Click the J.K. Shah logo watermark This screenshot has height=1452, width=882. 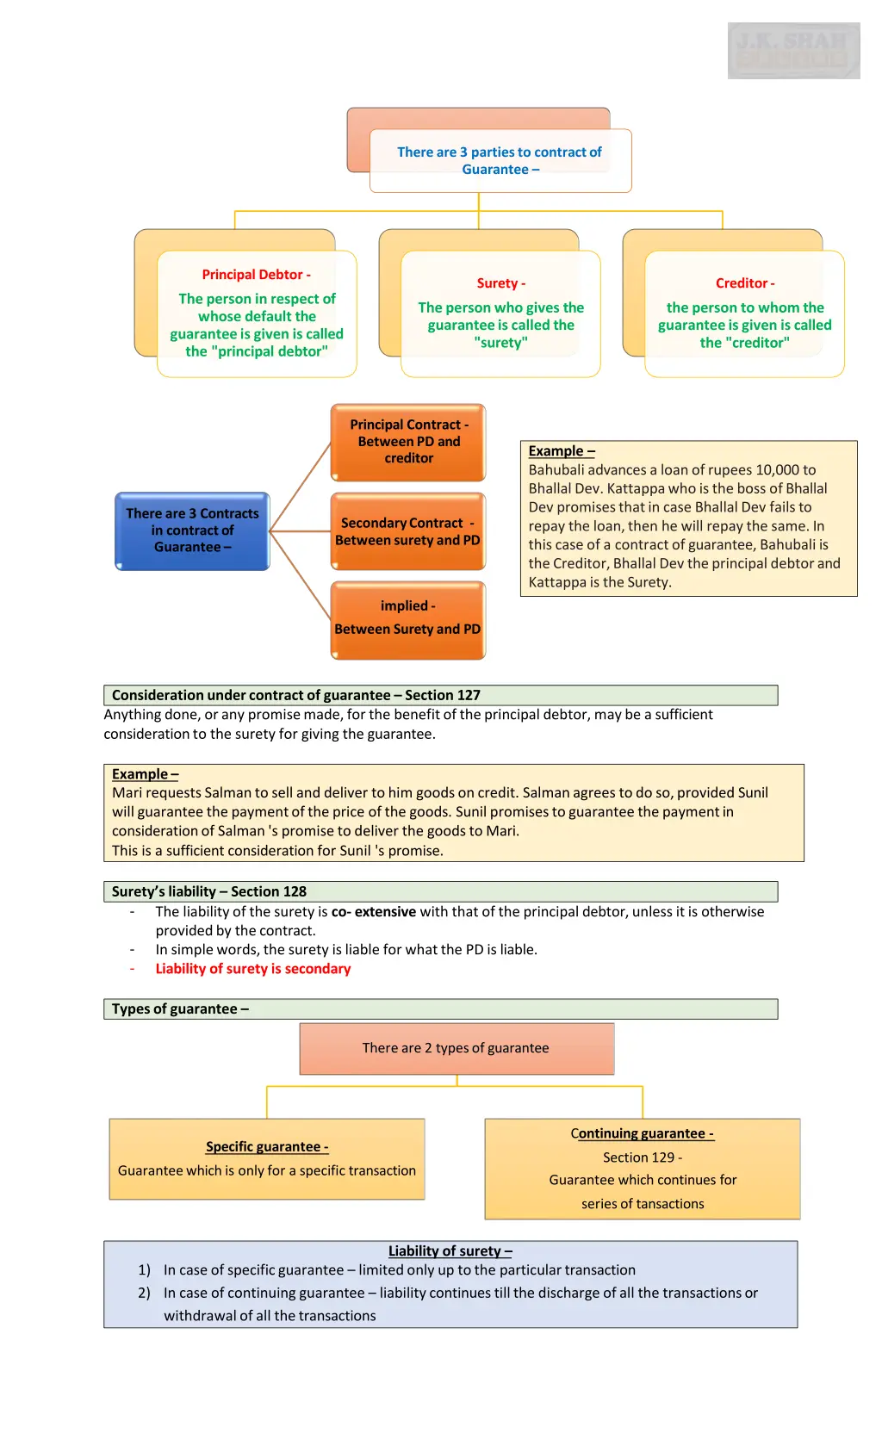click(793, 51)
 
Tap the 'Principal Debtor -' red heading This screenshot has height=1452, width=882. click(256, 275)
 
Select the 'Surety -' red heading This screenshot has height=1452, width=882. click(500, 283)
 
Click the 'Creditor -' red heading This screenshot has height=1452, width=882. click(744, 283)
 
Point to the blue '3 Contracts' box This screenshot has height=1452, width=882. click(192, 531)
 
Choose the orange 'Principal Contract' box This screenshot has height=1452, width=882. click(408, 442)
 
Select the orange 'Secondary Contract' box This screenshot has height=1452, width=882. click(407, 531)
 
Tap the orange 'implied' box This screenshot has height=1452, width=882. click(407, 619)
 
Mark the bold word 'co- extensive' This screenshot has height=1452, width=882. click(374, 912)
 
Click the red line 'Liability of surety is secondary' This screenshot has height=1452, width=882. click(253, 969)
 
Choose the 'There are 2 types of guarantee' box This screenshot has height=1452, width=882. click(456, 1048)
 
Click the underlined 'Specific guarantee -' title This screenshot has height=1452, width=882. click(267, 1147)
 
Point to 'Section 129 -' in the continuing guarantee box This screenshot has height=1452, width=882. click(643, 1157)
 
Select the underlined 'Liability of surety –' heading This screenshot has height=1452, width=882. click(450, 1251)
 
